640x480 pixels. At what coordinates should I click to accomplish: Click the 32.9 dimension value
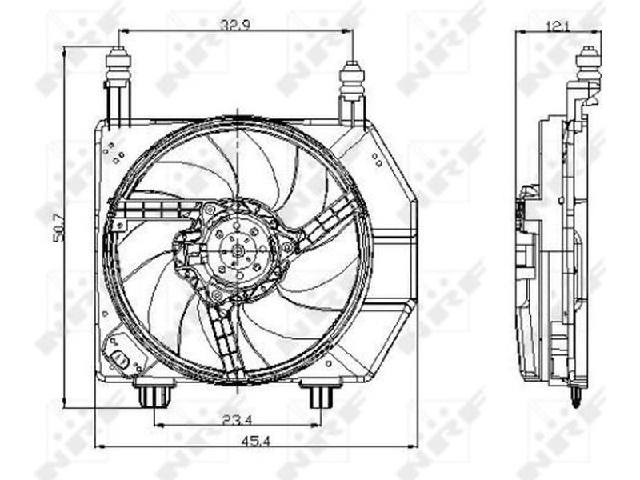(x=236, y=25)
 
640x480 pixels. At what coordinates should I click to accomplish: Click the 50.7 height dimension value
(x=60, y=227)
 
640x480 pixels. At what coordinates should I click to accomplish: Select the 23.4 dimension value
(x=238, y=418)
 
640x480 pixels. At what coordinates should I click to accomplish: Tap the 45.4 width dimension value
(x=256, y=441)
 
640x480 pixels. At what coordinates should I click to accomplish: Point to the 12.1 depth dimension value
(x=558, y=26)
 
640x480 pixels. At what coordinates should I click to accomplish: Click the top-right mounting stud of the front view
(x=352, y=80)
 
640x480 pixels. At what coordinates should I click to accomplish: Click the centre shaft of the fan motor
(x=238, y=250)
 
